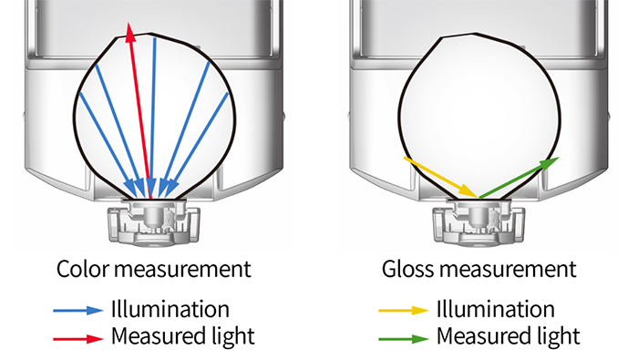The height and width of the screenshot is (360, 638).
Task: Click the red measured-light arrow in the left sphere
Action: (140, 110)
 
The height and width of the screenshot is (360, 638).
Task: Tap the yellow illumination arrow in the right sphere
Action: (440, 178)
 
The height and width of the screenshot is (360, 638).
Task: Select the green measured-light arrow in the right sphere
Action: (520, 178)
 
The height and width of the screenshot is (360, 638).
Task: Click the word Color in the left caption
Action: (83, 269)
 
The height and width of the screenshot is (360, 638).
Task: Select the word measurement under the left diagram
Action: (182, 270)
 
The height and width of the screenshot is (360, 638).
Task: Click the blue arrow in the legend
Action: (78, 311)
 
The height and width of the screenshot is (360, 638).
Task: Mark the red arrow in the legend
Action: (78, 338)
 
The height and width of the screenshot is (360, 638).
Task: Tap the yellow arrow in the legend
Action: (404, 311)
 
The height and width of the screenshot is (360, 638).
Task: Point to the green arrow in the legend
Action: (404, 338)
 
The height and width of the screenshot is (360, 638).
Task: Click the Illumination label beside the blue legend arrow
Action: (170, 309)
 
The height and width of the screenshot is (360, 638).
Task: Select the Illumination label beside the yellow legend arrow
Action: (496, 309)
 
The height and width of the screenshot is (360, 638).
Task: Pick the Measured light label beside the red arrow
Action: (183, 337)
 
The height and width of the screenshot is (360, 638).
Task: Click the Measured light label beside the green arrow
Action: (509, 337)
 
